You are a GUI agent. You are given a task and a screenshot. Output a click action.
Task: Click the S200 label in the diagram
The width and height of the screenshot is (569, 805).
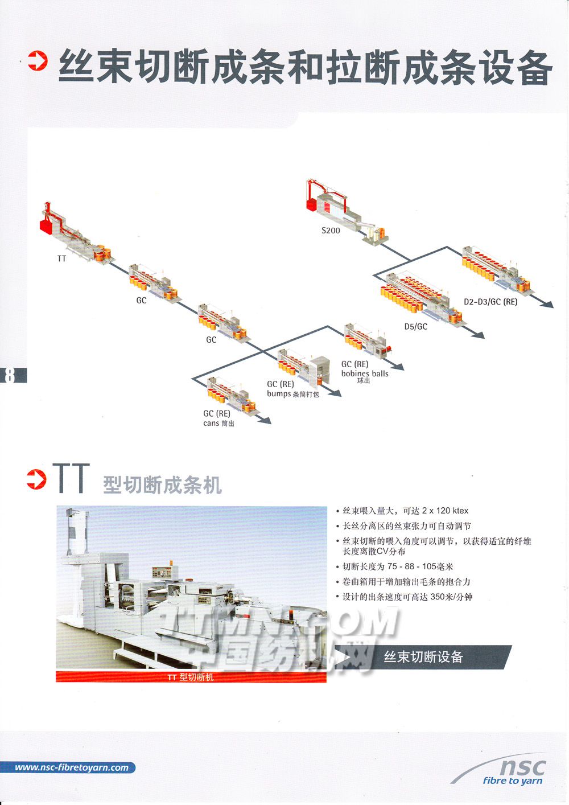point(331,231)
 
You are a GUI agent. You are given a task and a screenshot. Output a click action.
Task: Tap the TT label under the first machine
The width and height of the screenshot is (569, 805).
point(62,258)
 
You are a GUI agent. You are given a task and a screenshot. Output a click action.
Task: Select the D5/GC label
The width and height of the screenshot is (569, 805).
point(415,327)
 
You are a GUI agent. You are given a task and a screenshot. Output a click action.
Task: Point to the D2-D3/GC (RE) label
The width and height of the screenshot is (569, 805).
point(490,302)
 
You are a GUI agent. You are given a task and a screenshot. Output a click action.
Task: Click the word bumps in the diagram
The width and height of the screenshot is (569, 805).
point(279,394)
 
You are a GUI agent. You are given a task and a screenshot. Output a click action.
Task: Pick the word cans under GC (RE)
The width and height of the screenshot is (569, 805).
point(211,424)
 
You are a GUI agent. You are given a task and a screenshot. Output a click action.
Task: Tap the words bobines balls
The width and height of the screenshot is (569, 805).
point(365,373)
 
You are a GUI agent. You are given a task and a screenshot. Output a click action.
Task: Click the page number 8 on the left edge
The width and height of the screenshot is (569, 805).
point(10,375)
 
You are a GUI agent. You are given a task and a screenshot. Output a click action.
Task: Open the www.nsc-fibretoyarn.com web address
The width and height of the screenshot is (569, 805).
point(72,768)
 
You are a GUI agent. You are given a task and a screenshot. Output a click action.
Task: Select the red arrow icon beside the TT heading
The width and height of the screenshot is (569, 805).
point(36,479)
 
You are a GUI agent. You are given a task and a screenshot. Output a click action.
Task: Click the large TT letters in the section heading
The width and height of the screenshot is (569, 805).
point(71,478)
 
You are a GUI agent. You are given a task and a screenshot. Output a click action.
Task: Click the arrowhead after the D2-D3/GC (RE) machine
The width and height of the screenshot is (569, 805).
point(549,304)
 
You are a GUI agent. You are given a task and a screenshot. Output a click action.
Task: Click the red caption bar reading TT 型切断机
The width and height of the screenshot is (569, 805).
point(191,677)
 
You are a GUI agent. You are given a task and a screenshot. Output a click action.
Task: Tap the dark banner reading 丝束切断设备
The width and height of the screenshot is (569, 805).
point(423,657)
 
